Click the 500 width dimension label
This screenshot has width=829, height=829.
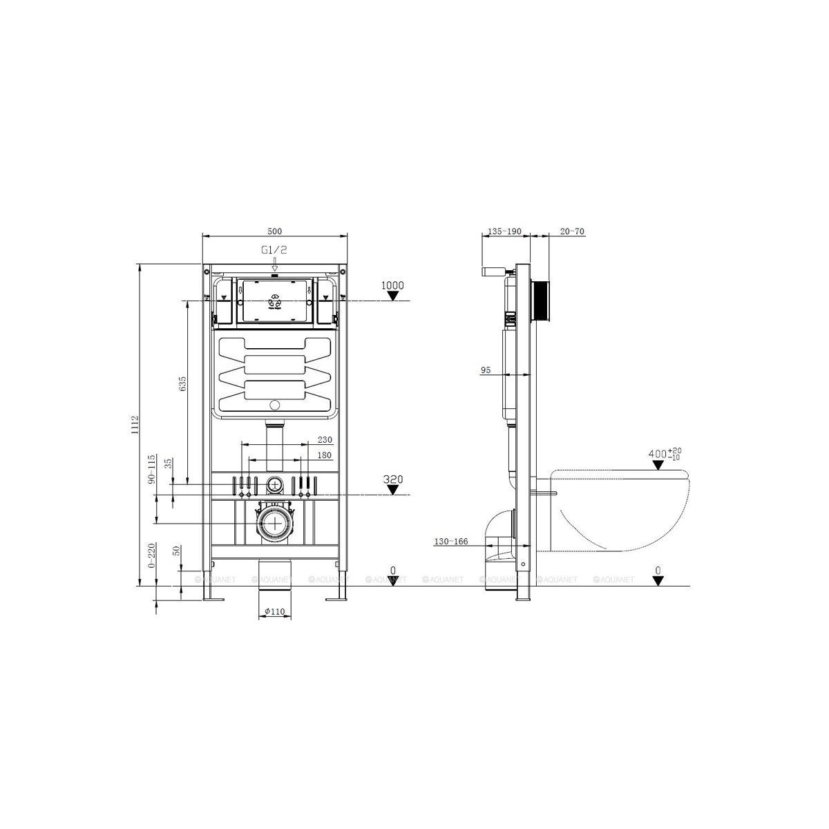[x=276, y=231]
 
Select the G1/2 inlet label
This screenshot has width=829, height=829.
[x=274, y=251]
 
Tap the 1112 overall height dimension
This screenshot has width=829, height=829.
[x=136, y=425]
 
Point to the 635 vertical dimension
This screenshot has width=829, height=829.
[x=183, y=385]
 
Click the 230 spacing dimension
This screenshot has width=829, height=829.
[x=325, y=440]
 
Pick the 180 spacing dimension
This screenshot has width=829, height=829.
[x=325, y=455]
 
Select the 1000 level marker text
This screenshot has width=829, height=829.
[x=392, y=285]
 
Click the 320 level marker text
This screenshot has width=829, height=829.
[x=392, y=479]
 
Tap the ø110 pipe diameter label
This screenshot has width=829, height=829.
[x=276, y=611]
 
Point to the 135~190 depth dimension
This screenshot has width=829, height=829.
[x=504, y=231]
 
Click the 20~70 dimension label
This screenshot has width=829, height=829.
[x=573, y=231]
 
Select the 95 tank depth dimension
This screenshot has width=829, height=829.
[x=486, y=370]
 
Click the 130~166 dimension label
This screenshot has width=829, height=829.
[x=451, y=542]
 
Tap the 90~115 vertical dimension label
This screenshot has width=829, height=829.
[x=151, y=469]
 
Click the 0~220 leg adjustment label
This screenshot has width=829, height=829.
[x=151, y=557]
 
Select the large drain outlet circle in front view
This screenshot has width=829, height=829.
[x=276, y=524]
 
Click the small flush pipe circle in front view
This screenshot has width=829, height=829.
[x=275, y=485]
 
